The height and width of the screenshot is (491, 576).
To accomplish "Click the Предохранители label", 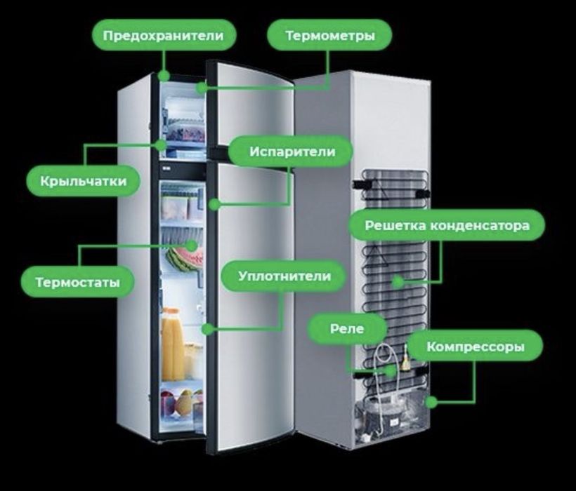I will click(164, 35).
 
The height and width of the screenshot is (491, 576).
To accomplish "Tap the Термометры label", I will click(329, 35).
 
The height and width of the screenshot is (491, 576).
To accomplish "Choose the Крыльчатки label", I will click(84, 181).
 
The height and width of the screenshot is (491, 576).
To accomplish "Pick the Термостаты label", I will click(77, 283).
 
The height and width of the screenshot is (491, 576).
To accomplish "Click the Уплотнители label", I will click(284, 276).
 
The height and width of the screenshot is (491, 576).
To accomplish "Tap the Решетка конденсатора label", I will click(446, 225).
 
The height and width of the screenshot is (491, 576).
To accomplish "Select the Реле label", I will click(348, 328).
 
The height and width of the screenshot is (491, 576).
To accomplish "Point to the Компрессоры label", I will click(476, 347).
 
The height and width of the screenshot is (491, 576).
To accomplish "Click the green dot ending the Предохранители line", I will click(164, 74).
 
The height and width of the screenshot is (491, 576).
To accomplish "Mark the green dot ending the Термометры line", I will click(202, 88).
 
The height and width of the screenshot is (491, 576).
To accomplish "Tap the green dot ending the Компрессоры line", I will click(431, 402).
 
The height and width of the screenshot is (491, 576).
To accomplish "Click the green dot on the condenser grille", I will click(398, 282).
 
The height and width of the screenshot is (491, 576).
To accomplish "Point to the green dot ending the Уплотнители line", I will click(207, 328).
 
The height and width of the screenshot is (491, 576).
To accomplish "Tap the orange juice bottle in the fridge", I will click(171, 344).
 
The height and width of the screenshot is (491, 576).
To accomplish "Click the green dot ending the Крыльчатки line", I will click(162, 145).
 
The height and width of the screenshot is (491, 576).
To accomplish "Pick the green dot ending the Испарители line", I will click(213, 205).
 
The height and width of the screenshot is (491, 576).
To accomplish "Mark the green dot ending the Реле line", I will click(391, 370).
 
